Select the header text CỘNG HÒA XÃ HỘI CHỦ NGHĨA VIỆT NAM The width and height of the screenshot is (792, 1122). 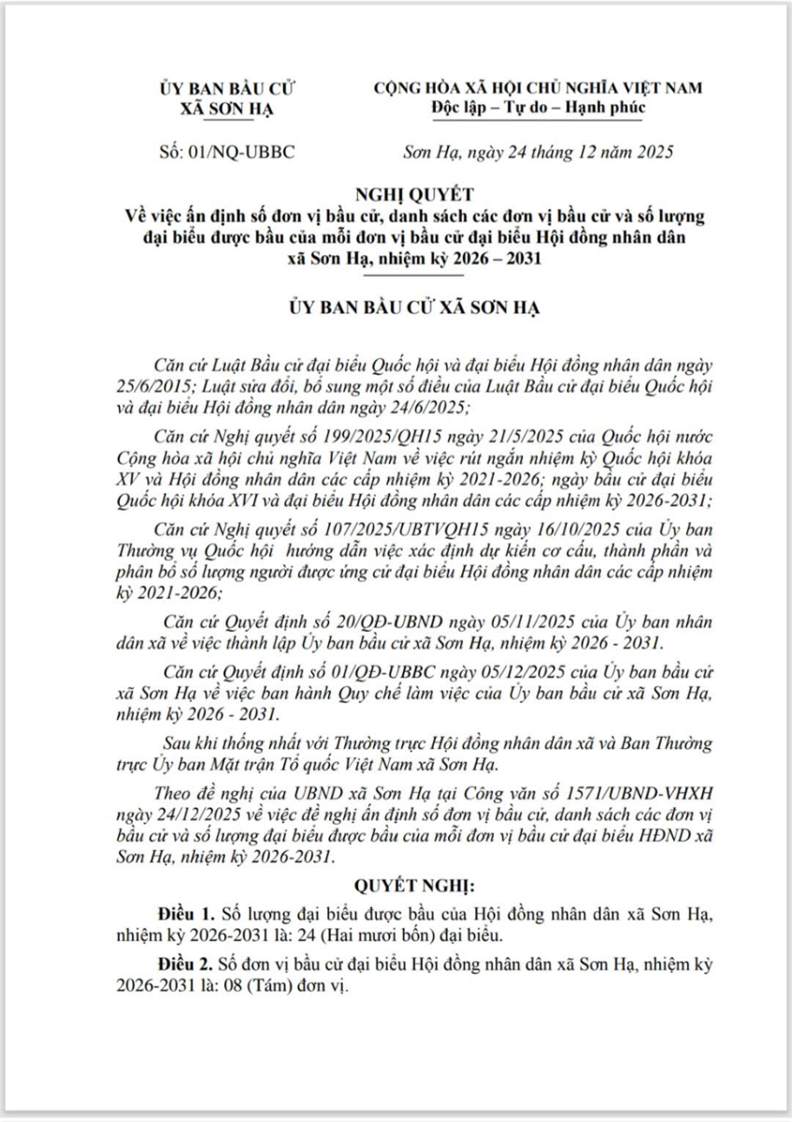(538, 88)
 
